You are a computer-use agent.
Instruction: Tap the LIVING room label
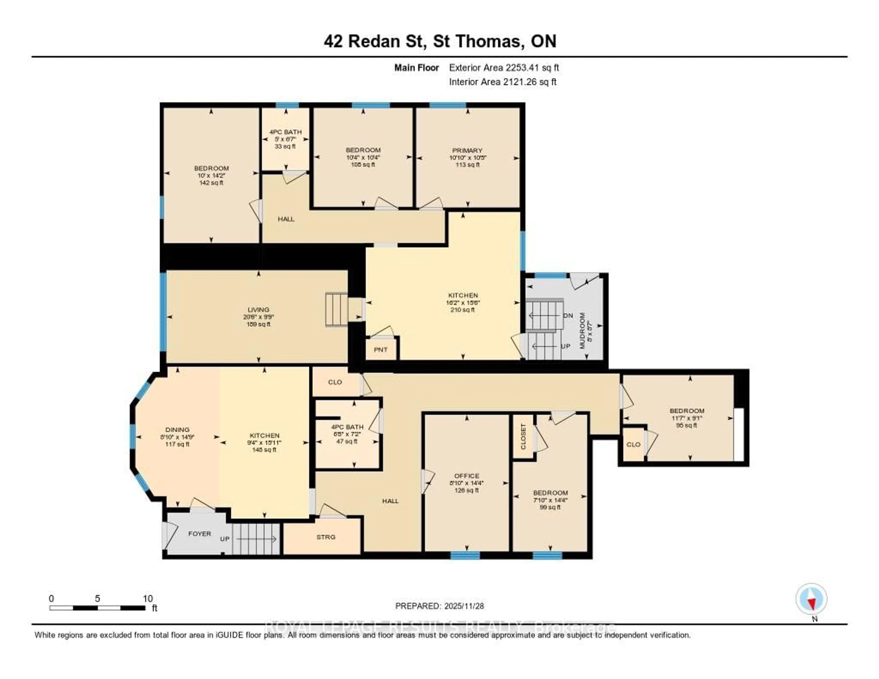point(258,310)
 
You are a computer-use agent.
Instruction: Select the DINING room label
point(177,429)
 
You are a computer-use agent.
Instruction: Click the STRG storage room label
point(326,537)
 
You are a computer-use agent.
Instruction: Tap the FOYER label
point(200,534)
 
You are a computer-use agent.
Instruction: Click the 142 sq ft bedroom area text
point(211,183)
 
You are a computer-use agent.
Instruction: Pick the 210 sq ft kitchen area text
point(463,310)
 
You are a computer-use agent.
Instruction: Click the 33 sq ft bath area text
point(285,146)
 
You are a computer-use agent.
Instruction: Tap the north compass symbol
point(811,599)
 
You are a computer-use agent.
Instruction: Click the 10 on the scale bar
point(148,598)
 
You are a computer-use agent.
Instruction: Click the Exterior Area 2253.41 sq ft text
point(504,68)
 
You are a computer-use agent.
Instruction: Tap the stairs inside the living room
point(336,309)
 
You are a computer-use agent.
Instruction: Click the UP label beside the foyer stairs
point(225,539)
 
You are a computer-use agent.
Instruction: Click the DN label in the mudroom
point(568,315)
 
